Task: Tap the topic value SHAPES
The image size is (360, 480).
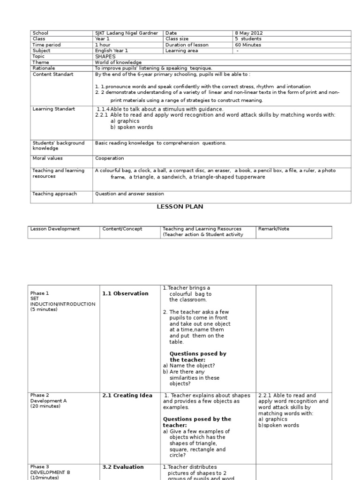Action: (x=105, y=56)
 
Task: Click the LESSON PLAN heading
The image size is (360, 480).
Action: (x=180, y=206)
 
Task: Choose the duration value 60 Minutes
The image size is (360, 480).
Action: (x=248, y=45)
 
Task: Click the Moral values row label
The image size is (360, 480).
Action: (x=47, y=158)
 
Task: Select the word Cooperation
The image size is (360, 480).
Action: (x=110, y=158)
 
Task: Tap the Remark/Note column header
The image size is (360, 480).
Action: (x=273, y=229)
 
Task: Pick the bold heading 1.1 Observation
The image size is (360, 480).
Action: (x=125, y=293)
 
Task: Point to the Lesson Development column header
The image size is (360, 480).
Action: (x=55, y=229)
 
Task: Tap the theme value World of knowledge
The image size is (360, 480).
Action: (x=118, y=62)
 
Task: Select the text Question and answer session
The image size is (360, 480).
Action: (x=129, y=194)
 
